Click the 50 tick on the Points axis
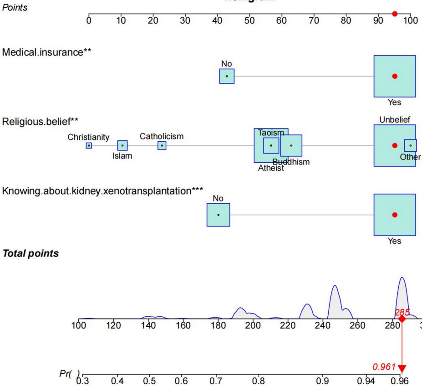pos(249,15)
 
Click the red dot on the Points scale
pos(395,14)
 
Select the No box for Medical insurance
pos(227,76)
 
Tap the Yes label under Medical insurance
pos(394,103)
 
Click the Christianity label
pos(89,137)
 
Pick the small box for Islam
pos(122,145)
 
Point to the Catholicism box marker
pos(162,145)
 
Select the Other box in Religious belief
pos(410,145)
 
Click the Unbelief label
pos(394,120)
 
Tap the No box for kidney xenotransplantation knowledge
pos(218,215)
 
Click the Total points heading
pos(31,254)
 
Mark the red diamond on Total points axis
pos(402,319)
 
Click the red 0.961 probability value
pos(384,366)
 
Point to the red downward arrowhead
pos(402,369)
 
